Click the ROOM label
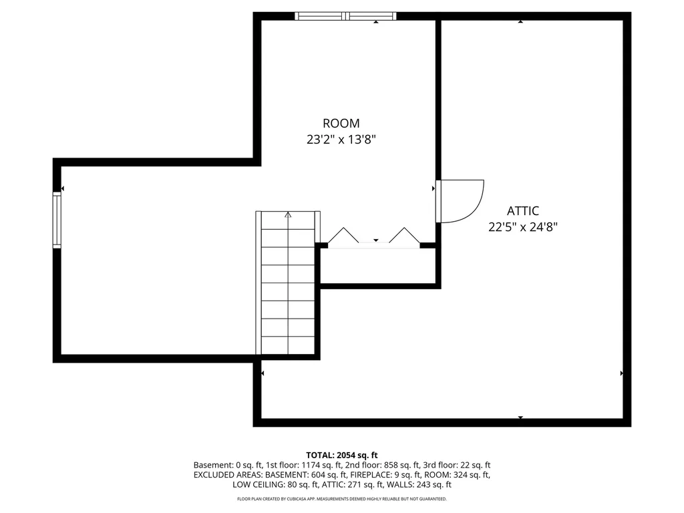pos(341,124)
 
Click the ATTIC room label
pos(522,210)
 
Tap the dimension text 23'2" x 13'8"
pos(341,140)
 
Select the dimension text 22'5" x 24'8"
pos(522,227)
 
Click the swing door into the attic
pos(460,200)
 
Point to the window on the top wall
pos(345,16)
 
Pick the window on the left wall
pos(57,220)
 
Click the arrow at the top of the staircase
pos(288,215)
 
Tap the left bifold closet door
pos(343,236)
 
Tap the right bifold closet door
pos(404,236)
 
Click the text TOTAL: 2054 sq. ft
pos(342,454)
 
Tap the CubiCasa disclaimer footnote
pos(342,499)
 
